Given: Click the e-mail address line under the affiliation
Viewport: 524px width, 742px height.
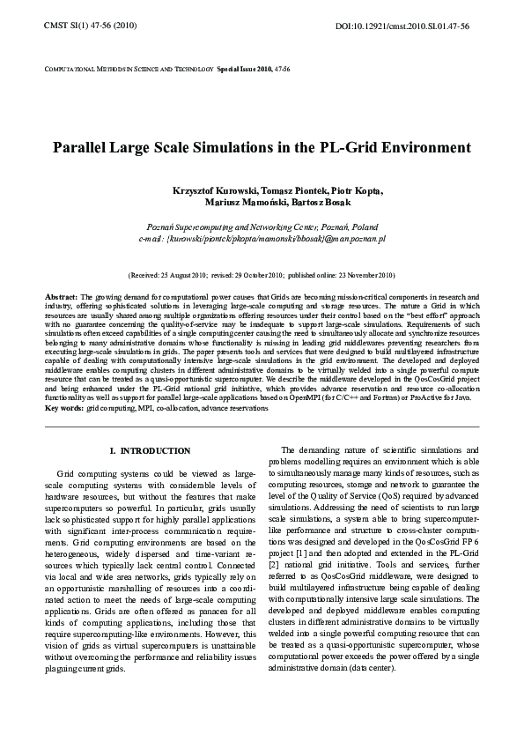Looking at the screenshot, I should point(262,238).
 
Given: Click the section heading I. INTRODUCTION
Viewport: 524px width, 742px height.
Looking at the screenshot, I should point(150,451).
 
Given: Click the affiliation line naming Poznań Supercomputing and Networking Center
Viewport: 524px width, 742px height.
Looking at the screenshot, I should point(262,226).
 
